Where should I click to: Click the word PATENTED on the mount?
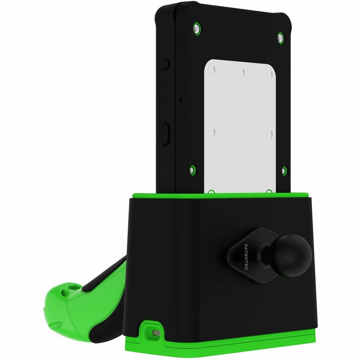[x=246, y=257]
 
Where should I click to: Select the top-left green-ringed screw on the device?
[x=197, y=28]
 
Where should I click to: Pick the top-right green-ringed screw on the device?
[x=280, y=38]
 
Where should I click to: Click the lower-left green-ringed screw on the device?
[x=192, y=170]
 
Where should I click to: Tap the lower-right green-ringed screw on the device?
[x=284, y=171]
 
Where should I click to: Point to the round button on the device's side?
[x=166, y=64]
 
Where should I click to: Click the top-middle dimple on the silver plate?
[x=241, y=72]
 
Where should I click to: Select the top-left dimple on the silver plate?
[x=212, y=70]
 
